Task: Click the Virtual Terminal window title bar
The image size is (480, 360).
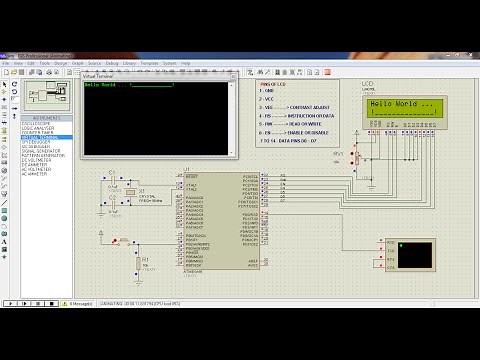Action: coord(150,75)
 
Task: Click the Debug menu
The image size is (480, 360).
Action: coord(112,63)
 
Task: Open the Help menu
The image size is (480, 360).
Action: coord(186,63)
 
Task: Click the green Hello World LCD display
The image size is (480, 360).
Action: coord(402,108)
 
